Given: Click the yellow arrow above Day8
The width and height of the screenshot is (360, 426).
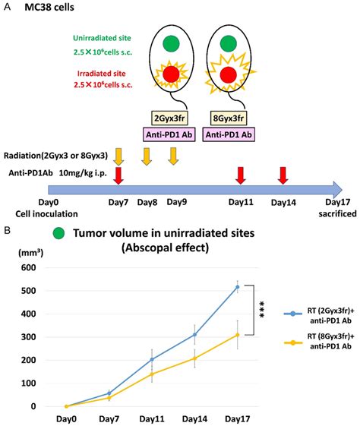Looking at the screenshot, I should click(147, 156).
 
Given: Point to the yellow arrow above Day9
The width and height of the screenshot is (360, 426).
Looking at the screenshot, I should click(175, 156).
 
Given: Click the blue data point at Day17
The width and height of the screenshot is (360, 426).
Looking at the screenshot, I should click(237, 287).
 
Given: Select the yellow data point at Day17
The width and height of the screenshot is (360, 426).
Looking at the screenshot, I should click(237, 335).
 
